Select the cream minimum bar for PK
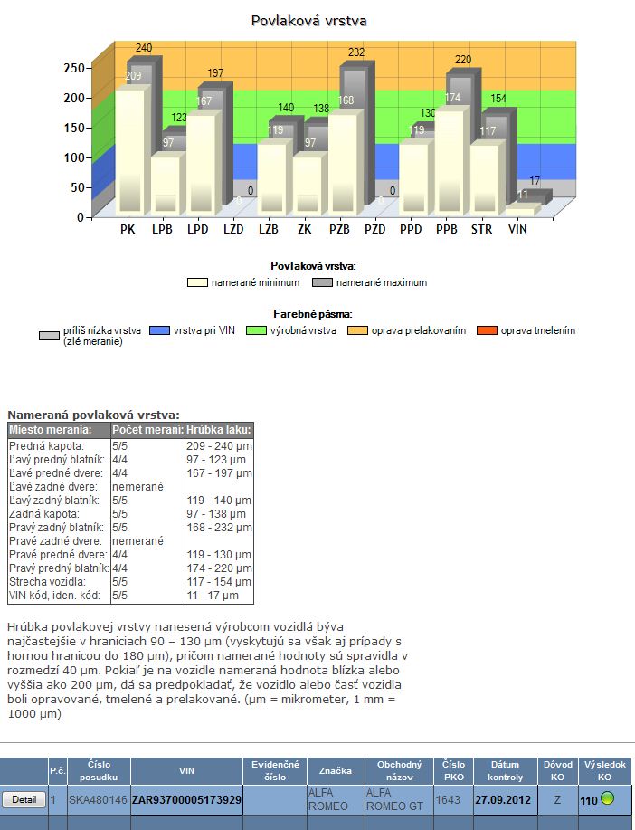pyautogui.click(x=129, y=149)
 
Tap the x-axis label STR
pyautogui.click(x=482, y=230)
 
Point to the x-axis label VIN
pyautogui.click(x=517, y=230)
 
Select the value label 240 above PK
pyautogui.click(x=145, y=48)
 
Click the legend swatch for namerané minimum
pyautogui.click(x=198, y=282)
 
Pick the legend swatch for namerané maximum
pyautogui.click(x=323, y=282)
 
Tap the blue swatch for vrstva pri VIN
pyautogui.click(x=159, y=330)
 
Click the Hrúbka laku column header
pyautogui.click(x=219, y=429)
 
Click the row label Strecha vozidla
pyautogui.click(x=47, y=582)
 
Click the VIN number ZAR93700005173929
pyautogui.click(x=186, y=800)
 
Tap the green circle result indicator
pyautogui.click(x=608, y=799)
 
